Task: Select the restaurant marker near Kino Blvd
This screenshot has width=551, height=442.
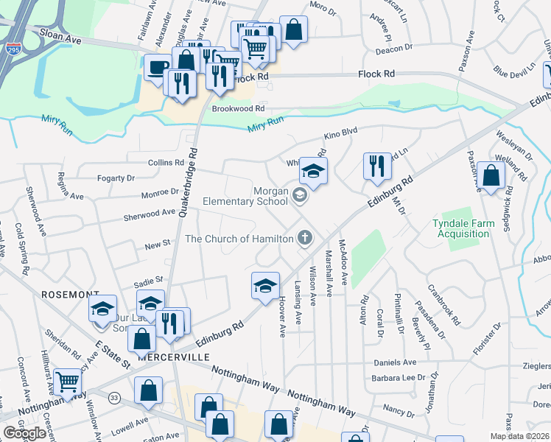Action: point(377,165)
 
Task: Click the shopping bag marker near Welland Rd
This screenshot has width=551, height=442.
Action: point(491,175)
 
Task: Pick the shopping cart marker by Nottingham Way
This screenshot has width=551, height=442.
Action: point(67,382)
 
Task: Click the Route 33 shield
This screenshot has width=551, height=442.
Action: point(114,398)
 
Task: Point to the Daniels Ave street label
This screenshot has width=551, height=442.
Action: point(396,362)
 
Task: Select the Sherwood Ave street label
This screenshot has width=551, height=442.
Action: point(149,212)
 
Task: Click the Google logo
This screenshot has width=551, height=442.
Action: point(24,432)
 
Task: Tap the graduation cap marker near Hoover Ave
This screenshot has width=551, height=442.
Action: point(265,286)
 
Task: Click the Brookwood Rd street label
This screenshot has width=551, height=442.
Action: point(238,108)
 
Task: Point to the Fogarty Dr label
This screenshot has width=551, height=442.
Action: point(116,178)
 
